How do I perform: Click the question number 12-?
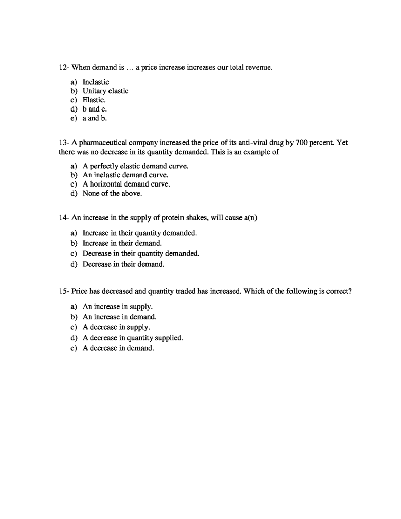pyautogui.click(x=64, y=67)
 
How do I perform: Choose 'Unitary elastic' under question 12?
pyautogui.click(x=105, y=91)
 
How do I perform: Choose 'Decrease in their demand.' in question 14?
pyautogui.click(x=124, y=264)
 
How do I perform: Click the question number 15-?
pyautogui.click(x=64, y=291)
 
